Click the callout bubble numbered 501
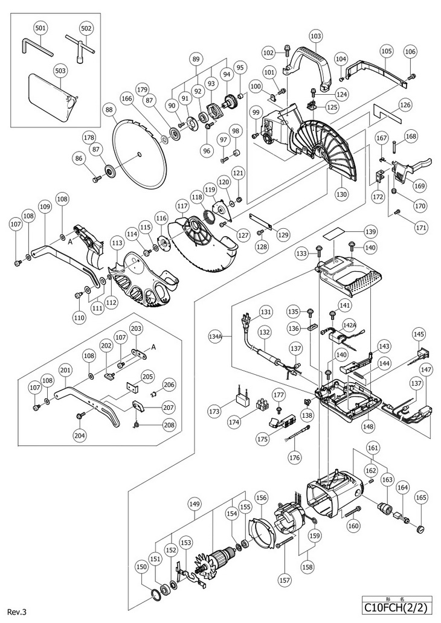[x=40, y=28]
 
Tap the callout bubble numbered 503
[x=40, y=69]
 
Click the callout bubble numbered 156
[x=260, y=498]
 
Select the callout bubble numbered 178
[x=89, y=136]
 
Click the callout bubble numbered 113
[x=117, y=243]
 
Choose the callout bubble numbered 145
[x=419, y=334]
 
